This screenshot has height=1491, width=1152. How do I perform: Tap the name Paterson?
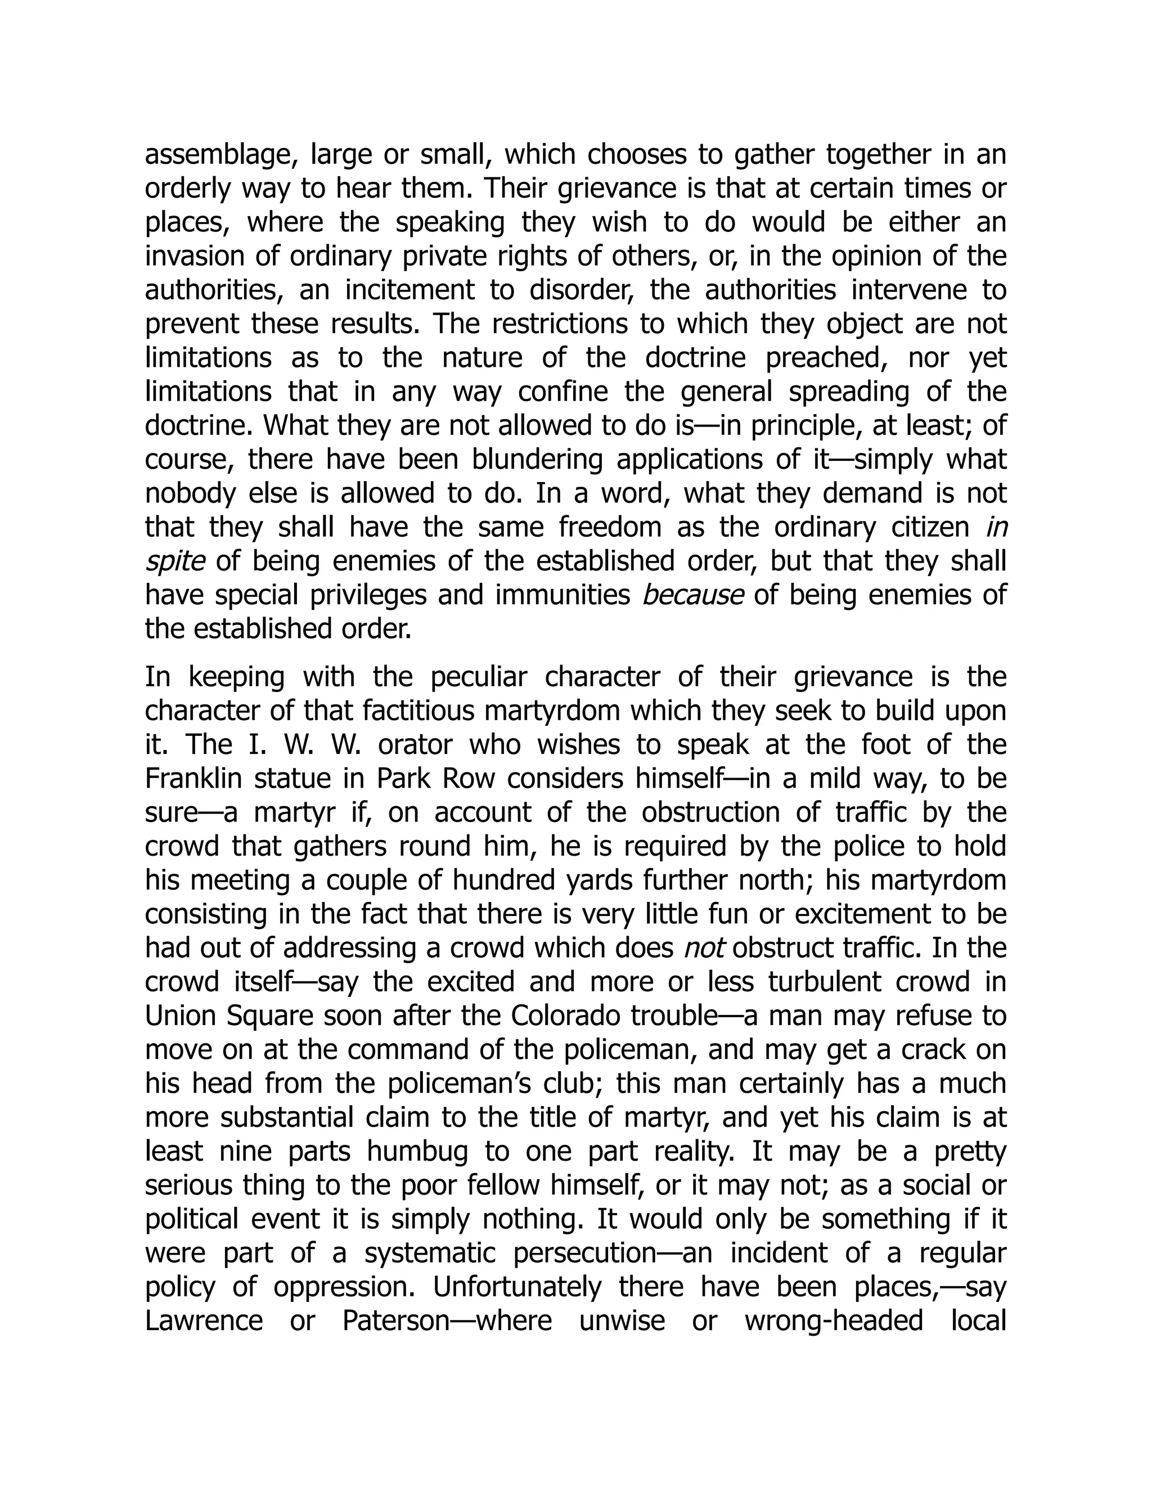396,1321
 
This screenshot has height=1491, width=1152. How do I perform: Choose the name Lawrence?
204,1321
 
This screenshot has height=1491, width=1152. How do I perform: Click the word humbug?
417,1151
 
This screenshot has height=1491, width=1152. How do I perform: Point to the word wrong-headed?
833,1321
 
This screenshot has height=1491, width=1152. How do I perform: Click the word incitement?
409,290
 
